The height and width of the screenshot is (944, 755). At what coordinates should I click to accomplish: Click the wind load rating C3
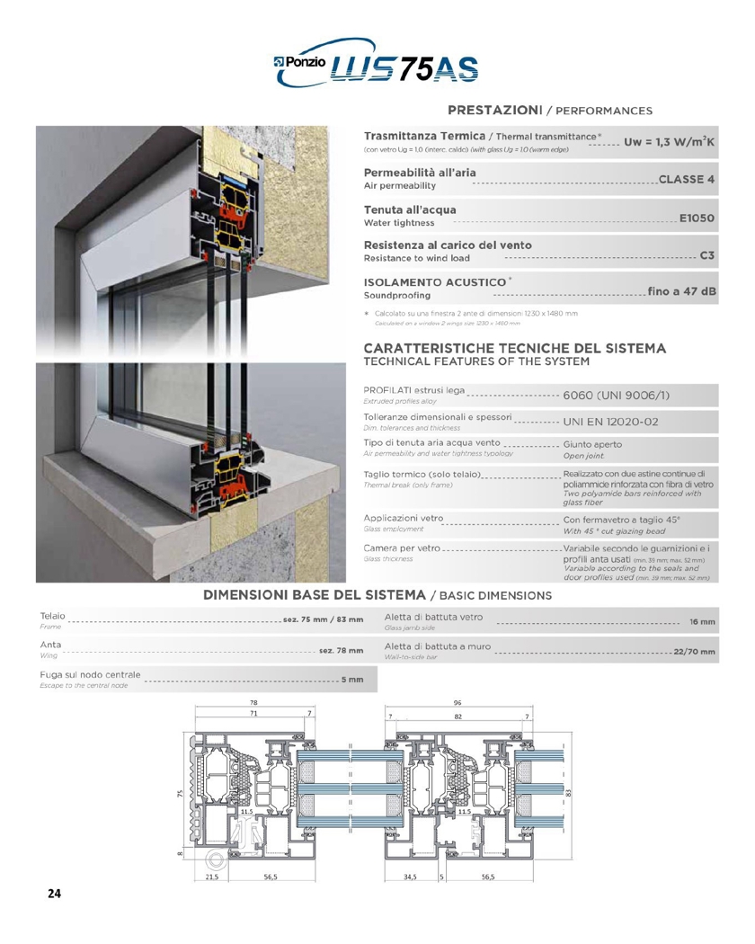point(708,255)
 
